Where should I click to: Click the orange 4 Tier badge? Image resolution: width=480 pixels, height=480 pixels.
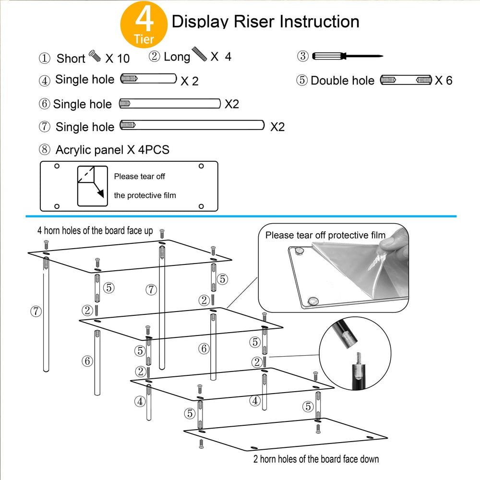(x=144, y=24)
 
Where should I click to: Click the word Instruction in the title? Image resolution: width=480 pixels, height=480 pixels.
(x=319, y=22)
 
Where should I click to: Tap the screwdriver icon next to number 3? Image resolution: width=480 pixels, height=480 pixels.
(x=348, y=56)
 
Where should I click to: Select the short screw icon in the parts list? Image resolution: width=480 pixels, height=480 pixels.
(x=95, y=56)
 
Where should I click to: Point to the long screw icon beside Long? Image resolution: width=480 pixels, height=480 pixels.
(x=199, y=54)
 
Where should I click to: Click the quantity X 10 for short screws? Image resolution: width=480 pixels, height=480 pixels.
(x=118, y=59)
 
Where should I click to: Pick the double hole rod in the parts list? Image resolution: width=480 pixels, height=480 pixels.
(x=406, y=80)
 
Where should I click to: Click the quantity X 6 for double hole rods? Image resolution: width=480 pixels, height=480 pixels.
(x=444, y=81)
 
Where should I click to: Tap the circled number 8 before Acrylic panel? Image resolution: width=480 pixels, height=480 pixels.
(x=44, y=149)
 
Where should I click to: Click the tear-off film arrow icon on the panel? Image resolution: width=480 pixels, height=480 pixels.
(x=93, y=186)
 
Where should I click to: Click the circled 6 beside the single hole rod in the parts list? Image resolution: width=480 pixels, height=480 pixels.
(x=44, y=104)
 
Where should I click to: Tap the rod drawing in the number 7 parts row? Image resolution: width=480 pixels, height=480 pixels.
(x=192, y=125)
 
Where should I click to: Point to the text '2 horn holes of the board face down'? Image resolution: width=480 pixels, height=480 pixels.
(x=316, y=459)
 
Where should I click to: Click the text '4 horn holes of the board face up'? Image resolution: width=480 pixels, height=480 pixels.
(x=95, y=230)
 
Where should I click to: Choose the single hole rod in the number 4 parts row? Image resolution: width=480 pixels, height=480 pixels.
(x=148, y=79)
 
